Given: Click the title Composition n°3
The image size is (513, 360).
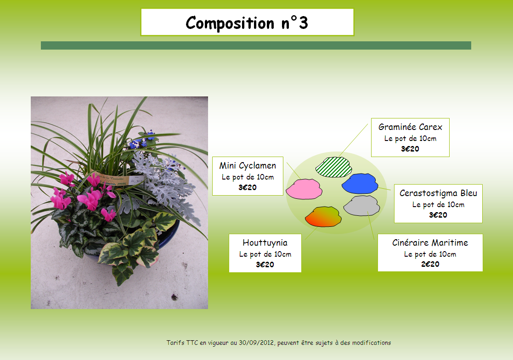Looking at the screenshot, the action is [247, 23].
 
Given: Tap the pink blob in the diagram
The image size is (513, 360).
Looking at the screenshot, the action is [304, 189].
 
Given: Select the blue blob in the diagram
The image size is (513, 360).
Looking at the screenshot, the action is [360, 183].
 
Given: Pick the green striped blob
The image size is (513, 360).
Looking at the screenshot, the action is [334, 167].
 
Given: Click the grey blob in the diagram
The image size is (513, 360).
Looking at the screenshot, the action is [361, 206].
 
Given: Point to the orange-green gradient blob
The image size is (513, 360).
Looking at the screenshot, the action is [323, 216].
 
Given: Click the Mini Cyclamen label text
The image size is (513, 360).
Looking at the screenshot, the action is [248, 166].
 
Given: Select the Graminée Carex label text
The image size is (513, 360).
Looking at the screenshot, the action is [410, 127].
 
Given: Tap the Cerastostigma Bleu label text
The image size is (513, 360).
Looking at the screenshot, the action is [438, 193].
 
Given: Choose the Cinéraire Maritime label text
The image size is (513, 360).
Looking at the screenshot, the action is [430, 242].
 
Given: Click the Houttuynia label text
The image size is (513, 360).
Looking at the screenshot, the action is [265, 242].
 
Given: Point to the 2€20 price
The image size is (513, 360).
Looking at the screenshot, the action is [430, 264].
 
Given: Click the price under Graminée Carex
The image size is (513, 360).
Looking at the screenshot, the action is [410, 149].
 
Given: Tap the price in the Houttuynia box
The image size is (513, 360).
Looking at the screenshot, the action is [265, 264].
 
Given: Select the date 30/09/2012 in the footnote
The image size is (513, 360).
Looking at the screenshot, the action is [256, 343].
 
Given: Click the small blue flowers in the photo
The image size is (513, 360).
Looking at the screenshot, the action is [142, 140].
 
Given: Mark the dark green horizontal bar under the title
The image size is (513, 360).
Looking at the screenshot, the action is [256, 45].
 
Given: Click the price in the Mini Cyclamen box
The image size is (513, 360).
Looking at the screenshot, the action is [248, 187].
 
